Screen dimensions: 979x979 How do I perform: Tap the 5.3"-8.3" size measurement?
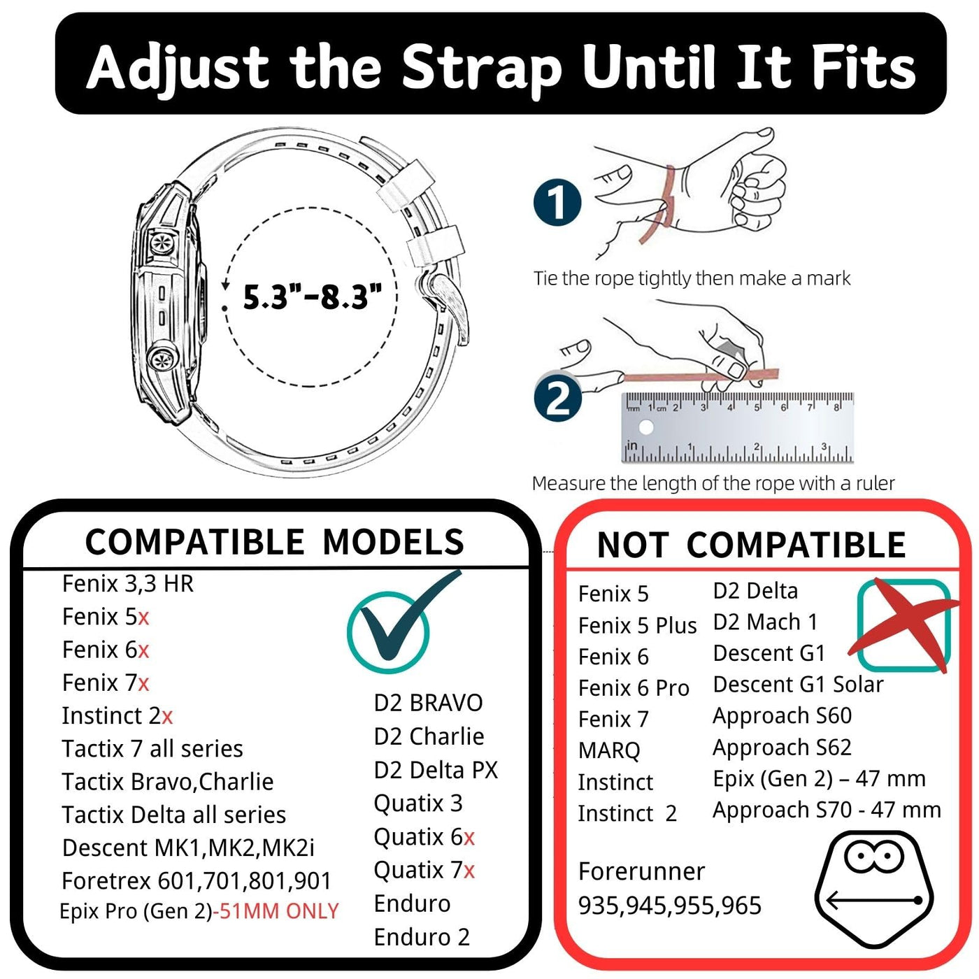pos(312,296)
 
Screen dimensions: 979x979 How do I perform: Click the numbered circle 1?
pos(557,203)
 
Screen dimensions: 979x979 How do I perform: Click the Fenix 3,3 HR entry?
pos(128,584)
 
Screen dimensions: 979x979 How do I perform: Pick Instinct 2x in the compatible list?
pos(117,716)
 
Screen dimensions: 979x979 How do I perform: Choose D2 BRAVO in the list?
pos(428,703)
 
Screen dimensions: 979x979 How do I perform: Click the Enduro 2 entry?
pos(422,937)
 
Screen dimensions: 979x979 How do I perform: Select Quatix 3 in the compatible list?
pos(418,803)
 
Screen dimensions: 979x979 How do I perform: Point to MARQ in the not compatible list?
pos(609,750)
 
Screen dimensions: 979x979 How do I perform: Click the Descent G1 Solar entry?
pos(798,685)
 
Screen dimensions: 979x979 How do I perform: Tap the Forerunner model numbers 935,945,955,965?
pos(670,906)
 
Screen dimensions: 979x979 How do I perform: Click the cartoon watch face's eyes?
pos(873,856)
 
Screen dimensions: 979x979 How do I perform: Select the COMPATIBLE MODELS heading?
pos(274,541)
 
